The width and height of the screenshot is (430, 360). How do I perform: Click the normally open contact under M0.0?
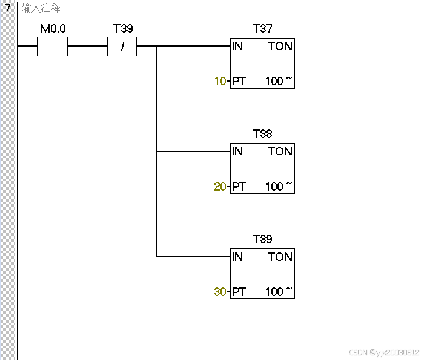[52, 46]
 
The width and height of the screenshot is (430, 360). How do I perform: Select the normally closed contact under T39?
[122, 46]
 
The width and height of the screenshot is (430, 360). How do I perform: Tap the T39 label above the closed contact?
[123, 29]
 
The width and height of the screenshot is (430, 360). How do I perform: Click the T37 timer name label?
[262, 29]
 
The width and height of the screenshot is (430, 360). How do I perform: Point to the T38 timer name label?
[262, 134]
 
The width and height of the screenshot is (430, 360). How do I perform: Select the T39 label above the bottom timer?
[262, 240]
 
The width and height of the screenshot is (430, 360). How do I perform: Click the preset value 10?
[220, 81]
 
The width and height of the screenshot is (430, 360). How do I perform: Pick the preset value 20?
[220, 186]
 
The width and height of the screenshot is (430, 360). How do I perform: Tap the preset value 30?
[220, 292]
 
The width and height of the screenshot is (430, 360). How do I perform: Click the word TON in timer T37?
[280, 46]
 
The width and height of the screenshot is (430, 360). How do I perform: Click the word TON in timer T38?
[280, 151]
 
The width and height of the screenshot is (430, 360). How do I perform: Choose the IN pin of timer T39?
[237, 257]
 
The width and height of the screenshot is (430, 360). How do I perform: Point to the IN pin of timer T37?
[237, 46]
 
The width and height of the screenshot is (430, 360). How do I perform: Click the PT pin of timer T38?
[239, 186]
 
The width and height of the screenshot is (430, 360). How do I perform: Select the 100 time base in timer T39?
[274, 292]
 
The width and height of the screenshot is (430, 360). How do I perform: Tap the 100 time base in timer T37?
[274, 81]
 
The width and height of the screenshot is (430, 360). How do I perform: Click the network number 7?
[8, 8]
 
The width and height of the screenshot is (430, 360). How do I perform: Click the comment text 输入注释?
[41, 8]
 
